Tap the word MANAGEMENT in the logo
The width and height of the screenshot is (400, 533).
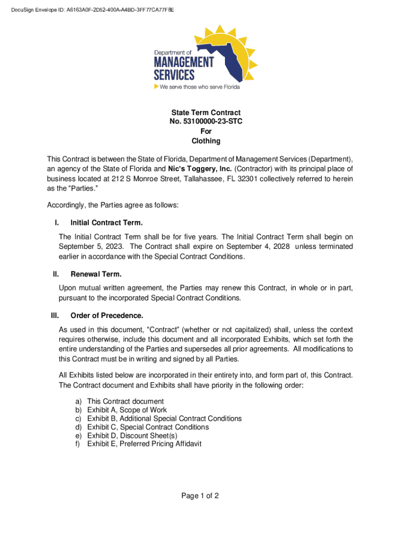183,63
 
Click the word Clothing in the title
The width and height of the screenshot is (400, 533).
199,141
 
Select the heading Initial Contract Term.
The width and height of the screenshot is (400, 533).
106,223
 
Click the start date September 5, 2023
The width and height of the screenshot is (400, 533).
91,246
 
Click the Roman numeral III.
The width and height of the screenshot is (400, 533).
55,316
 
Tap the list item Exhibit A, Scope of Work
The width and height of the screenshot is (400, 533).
127,410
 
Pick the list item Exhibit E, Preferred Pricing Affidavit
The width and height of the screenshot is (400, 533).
144,444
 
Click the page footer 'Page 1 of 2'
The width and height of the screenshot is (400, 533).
199,496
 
